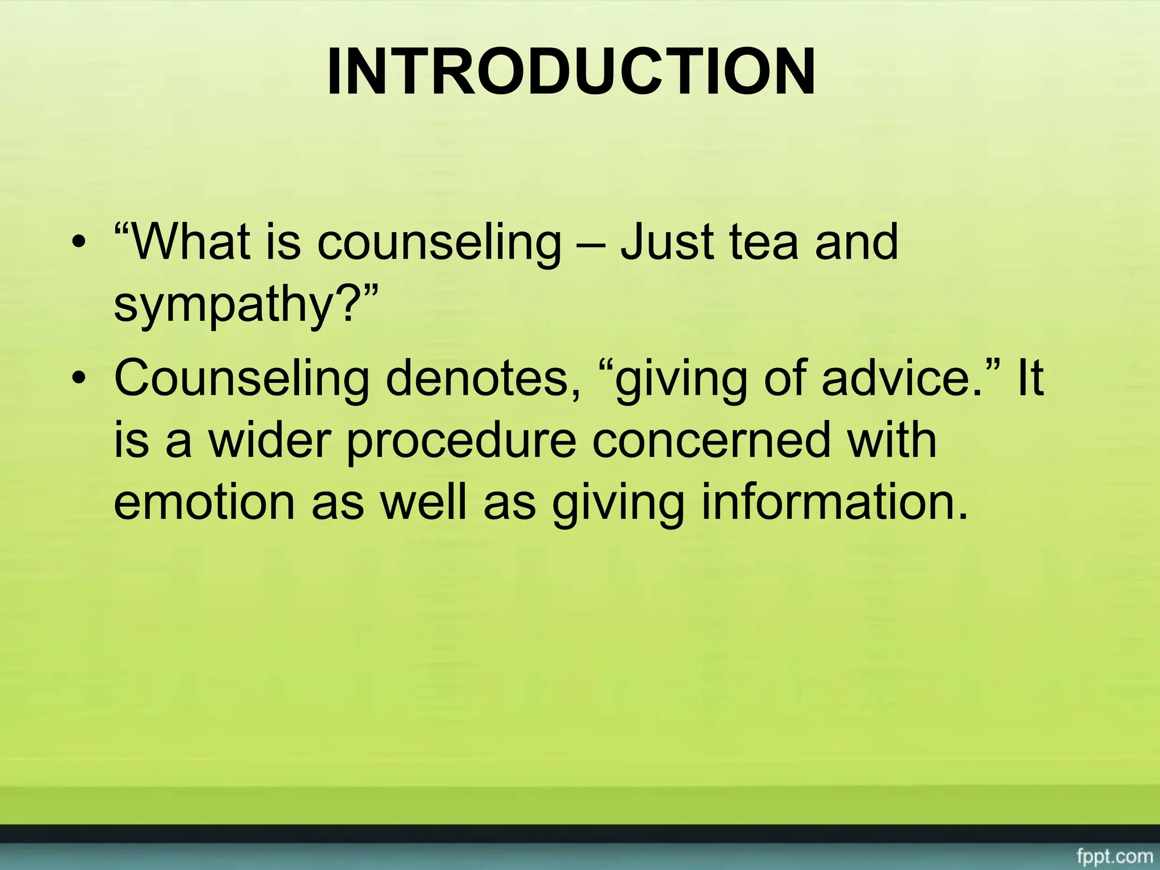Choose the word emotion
click(x=204, y=503)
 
